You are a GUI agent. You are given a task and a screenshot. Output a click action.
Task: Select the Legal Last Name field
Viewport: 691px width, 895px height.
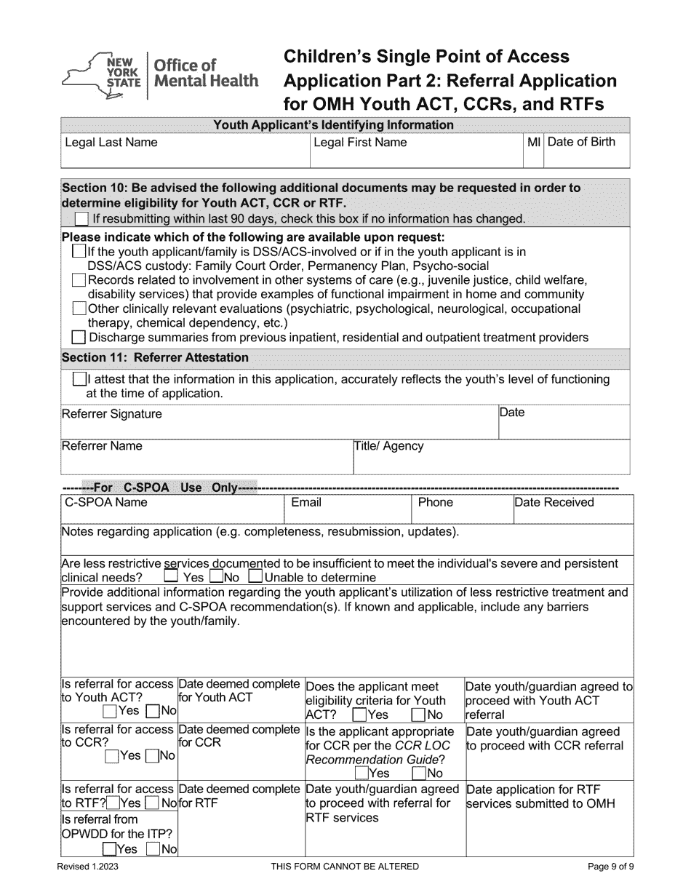(185, 151)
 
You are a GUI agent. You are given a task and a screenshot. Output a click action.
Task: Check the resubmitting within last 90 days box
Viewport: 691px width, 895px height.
(82, 218)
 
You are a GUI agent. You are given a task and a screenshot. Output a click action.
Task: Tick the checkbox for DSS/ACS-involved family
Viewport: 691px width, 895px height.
(79, 252)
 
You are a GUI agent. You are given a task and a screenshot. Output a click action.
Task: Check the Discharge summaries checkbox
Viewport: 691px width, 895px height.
(79, 337)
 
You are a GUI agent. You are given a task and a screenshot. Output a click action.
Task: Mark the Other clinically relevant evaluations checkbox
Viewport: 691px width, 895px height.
(79, 309)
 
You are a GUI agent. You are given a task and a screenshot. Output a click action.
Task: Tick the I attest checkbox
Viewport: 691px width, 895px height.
(79, 379)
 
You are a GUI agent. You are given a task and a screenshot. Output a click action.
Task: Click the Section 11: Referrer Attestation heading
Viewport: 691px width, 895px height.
(155, 357)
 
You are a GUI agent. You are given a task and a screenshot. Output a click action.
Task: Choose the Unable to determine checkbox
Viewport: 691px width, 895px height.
(255, 577)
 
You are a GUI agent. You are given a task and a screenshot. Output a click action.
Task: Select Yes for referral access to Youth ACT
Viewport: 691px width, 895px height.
(111, 711)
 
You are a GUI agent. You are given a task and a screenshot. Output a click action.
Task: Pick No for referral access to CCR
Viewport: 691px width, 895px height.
(152, 756)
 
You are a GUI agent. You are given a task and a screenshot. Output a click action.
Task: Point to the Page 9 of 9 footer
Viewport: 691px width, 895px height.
(611, 866)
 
